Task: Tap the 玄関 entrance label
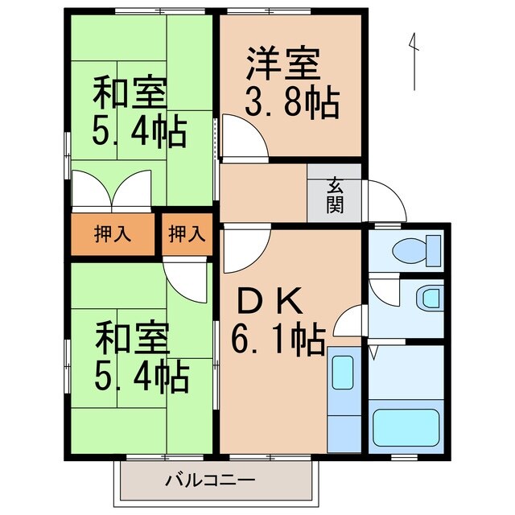335,194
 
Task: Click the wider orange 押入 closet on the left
112,235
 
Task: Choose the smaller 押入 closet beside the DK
187,235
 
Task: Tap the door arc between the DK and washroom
349,322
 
